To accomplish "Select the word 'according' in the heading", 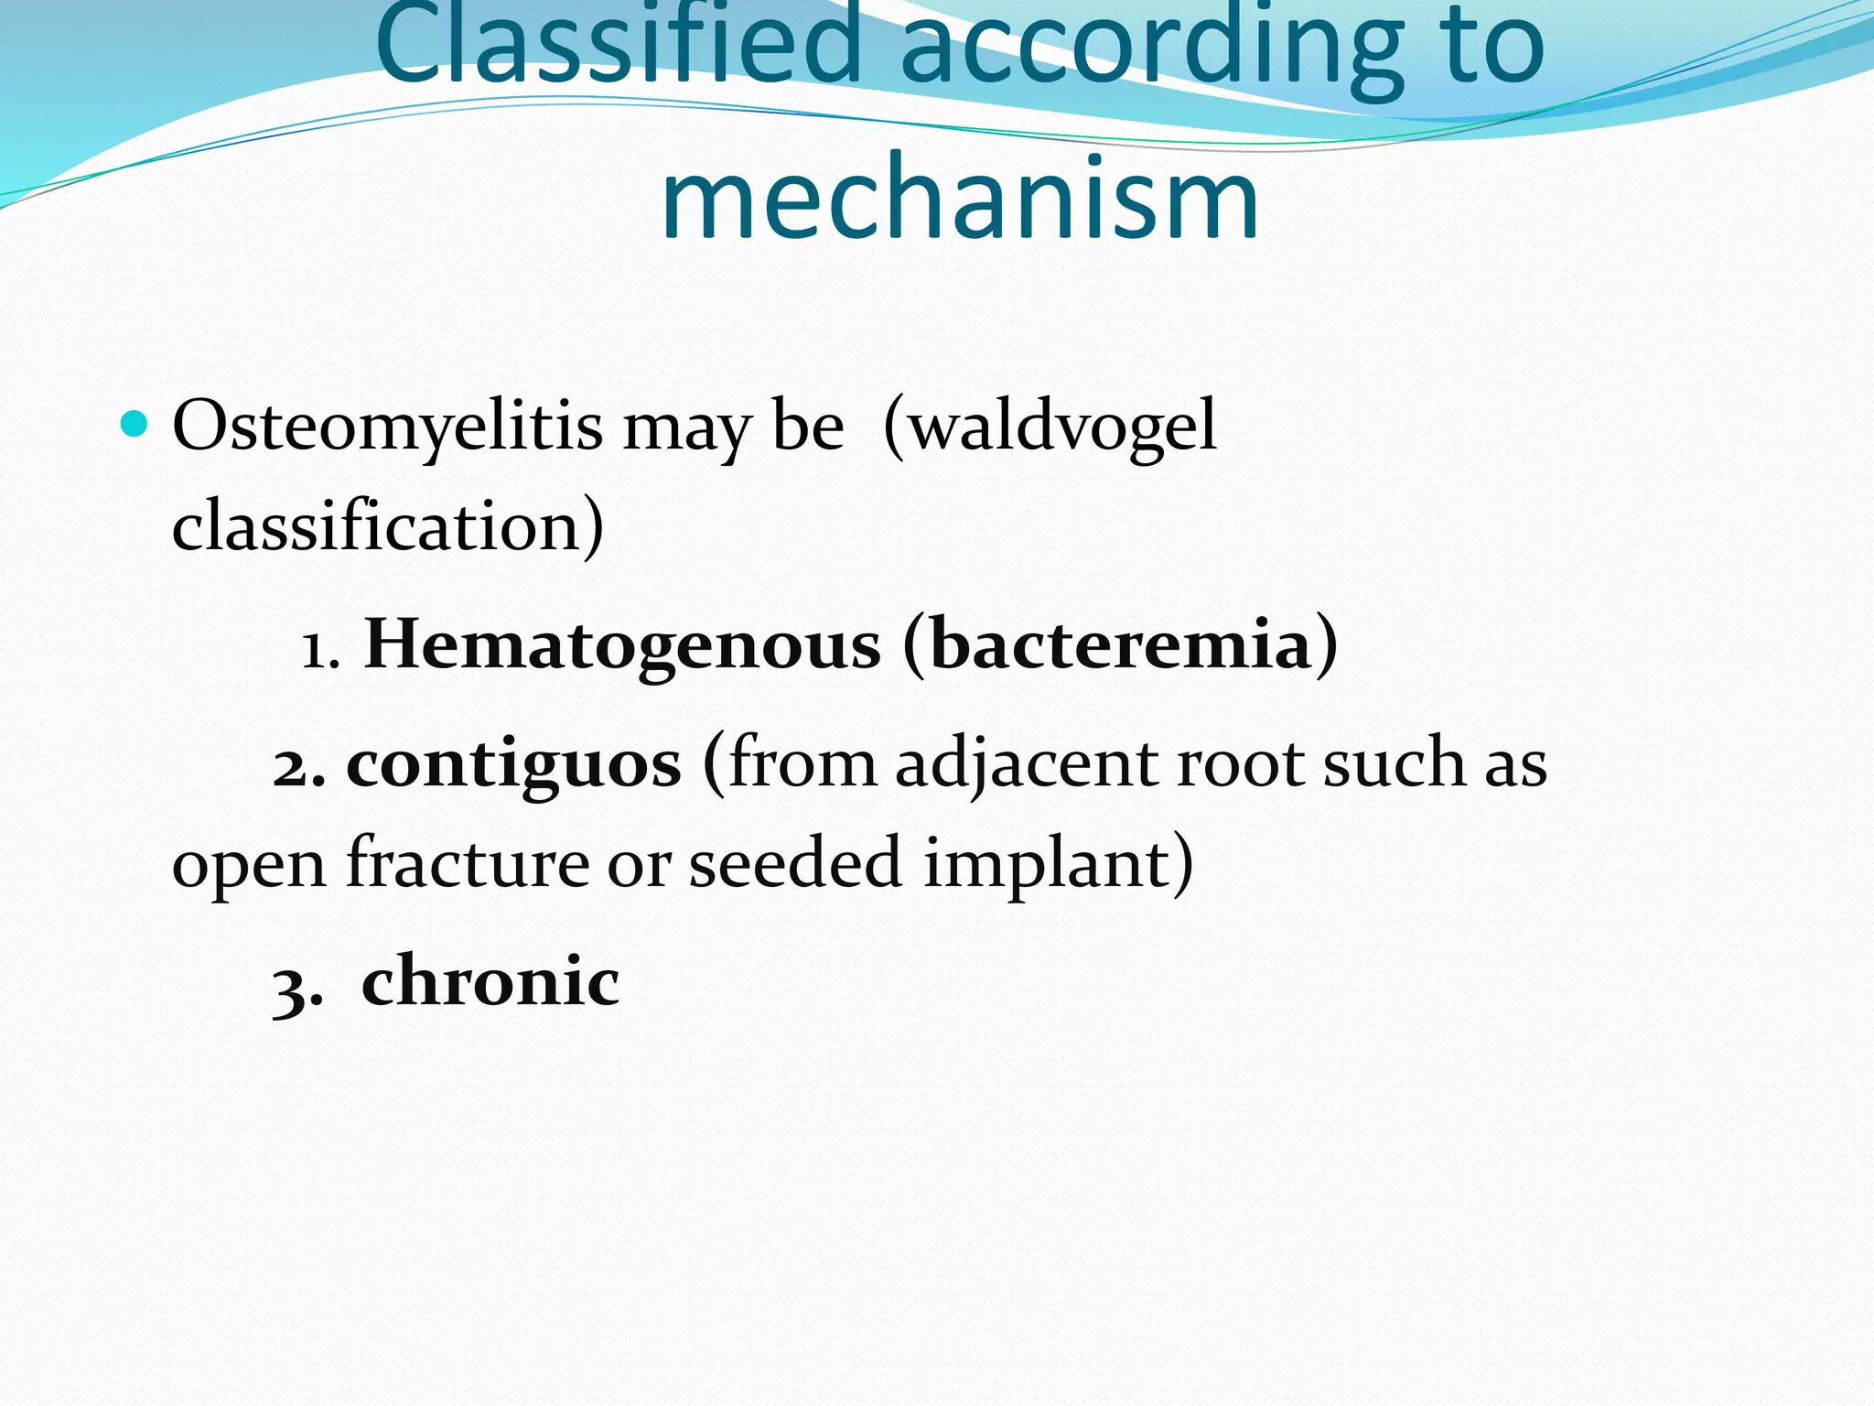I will point(1152,46).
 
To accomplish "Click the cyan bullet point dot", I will point(134,424).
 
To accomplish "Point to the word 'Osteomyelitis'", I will point(387,427).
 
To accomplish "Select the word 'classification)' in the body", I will point(388,526).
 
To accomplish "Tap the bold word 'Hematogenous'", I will point(622,644).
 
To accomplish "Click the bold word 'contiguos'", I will point(513,763).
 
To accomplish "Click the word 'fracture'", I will point(468,862).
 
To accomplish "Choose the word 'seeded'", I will point(795,862).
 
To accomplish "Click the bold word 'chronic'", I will point(490,980).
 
